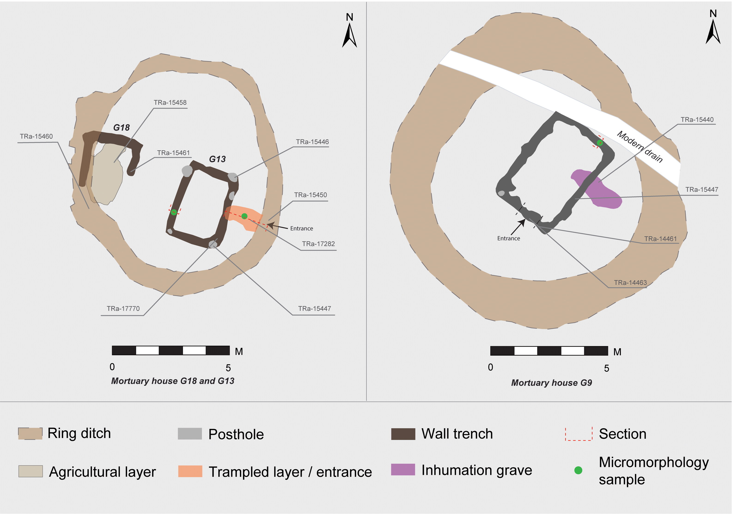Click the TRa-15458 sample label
(170, 103)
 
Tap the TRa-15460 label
(36, 136)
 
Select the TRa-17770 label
(123, 309)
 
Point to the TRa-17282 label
(318, 244)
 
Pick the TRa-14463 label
(630, 282)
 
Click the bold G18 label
(122, 128)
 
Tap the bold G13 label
(217, 159)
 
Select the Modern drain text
(640, 147)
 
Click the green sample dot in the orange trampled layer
(244, 216)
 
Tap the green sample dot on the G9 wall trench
(600, 143)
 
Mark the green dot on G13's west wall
(174, 212)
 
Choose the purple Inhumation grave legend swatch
(403, 469)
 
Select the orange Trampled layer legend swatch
(190, 471)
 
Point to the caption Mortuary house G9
(551, 383)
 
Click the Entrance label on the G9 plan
(509, 239)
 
